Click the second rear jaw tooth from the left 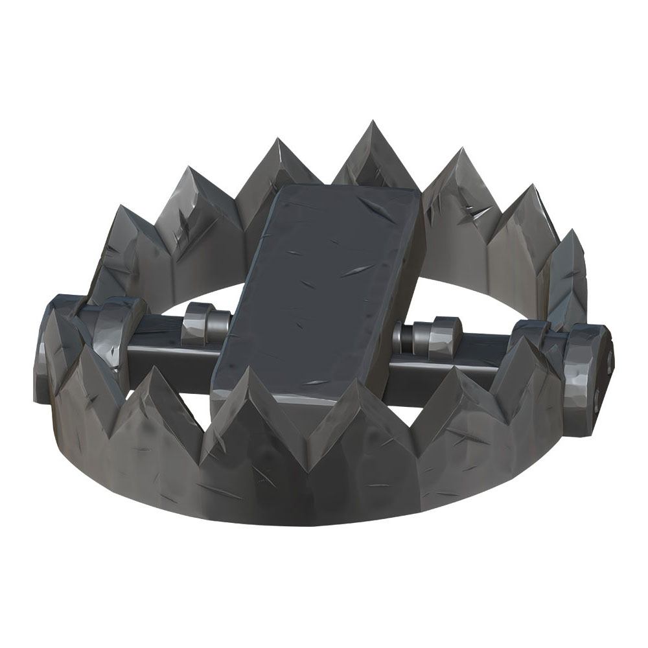click(194, 207)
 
